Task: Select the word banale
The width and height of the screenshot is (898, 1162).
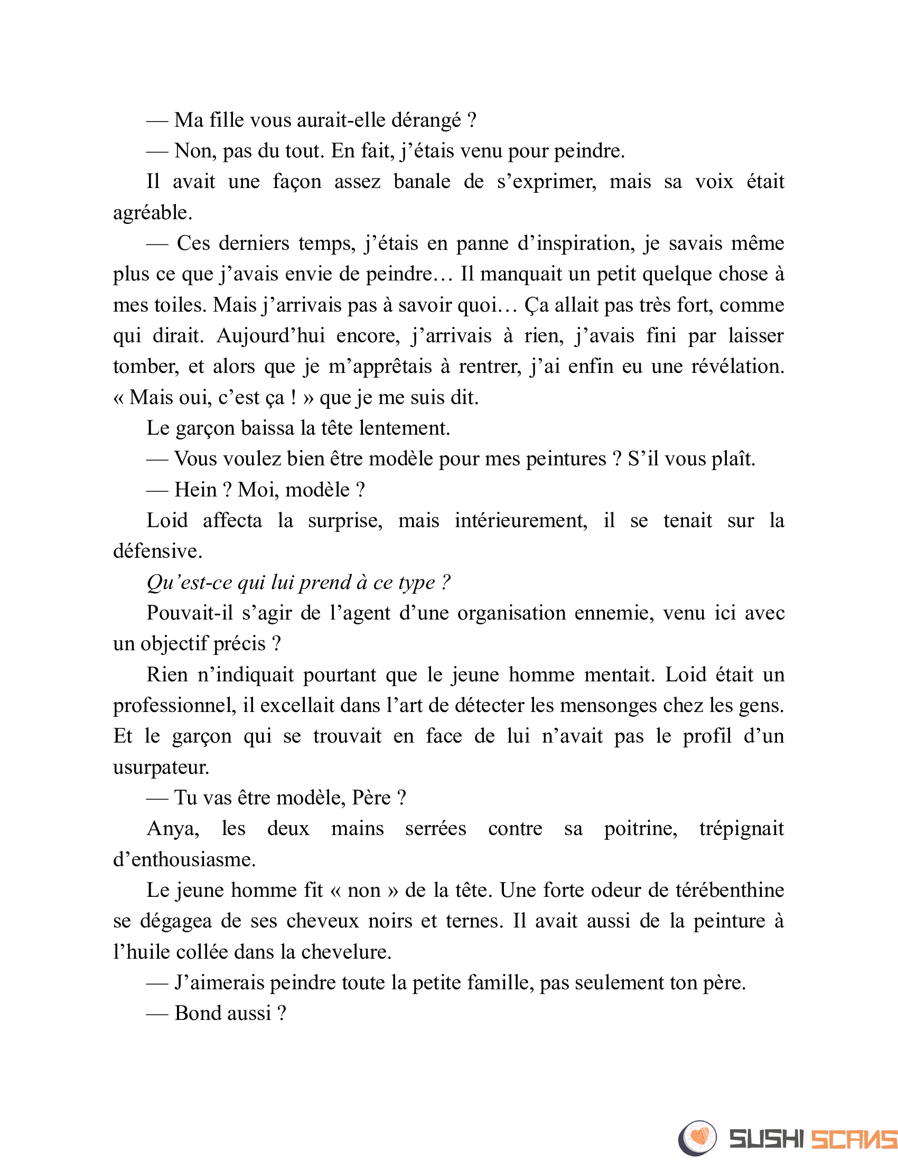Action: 422,182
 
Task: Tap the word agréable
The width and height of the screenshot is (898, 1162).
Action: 152,213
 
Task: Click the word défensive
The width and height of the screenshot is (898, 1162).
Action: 157,551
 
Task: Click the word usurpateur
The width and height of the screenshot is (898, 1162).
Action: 161,767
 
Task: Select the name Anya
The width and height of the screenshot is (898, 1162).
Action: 173,829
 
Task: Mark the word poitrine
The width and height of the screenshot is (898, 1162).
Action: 640,829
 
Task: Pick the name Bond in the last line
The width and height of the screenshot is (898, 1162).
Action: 197,1014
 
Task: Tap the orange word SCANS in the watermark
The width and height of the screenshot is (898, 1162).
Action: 854,1139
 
